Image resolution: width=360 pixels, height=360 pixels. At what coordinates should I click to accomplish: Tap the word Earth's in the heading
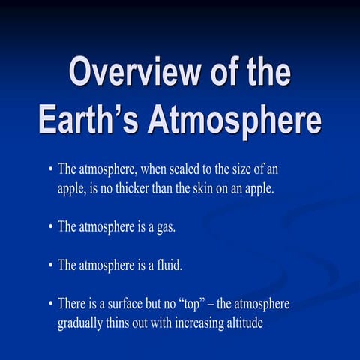pyautogui.click(x=84, y=120)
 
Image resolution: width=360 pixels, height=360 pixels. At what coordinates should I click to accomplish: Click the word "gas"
pyautogui.click(x=164, y=226)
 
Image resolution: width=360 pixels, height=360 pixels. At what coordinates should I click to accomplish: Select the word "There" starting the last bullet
pyautogui.click(x=72, y=304)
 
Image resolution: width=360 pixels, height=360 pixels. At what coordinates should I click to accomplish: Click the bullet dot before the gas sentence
pyautogui.click(x=50, y=227)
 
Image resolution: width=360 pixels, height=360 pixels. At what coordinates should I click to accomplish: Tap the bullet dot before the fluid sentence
pyautogui.click(x=50, y=266)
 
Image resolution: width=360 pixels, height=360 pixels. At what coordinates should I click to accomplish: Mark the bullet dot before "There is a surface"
pyautogui.click(x=50, y=305)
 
